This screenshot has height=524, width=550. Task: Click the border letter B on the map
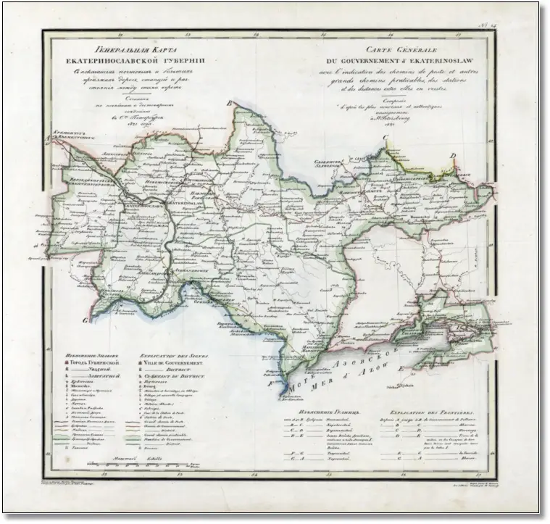point(230,104)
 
